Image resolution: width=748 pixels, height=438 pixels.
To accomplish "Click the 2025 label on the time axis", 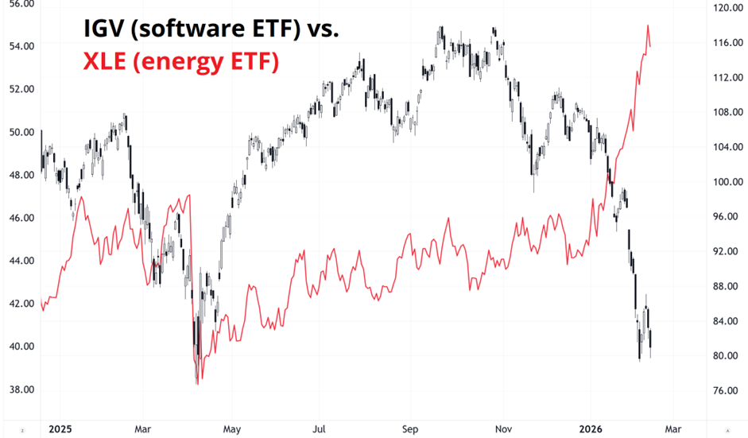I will (x=60, y=428).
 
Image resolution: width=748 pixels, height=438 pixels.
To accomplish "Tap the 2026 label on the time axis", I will (x=590, y=428).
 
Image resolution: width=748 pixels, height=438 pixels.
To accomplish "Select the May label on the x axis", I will (x=231, y=428).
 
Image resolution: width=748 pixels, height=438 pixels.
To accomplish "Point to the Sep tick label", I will (x=410, y=428).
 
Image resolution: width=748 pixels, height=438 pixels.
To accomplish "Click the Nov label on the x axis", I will (x=502, y=428).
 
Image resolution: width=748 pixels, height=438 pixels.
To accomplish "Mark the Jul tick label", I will (x=320, y=428).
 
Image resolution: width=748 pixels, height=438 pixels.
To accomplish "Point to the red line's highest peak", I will (x=648, y=26).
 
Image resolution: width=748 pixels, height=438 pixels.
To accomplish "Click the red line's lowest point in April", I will (x=196, y=384).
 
